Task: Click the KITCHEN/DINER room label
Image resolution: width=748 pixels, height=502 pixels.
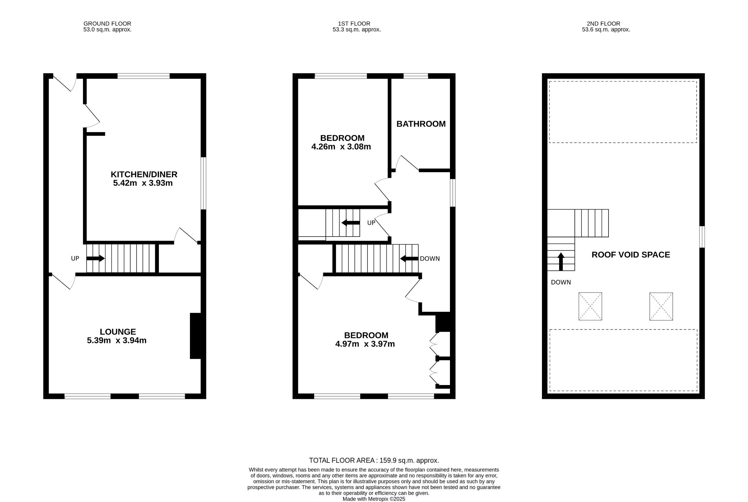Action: [x=144, y=174]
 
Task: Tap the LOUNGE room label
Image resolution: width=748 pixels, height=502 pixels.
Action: [x=118, y=332]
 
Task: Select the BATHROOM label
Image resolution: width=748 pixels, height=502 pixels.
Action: [x=421, y=124]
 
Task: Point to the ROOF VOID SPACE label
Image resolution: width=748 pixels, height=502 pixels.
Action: [x=631, y=255]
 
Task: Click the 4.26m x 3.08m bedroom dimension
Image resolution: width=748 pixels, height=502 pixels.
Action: [x=341, y=147]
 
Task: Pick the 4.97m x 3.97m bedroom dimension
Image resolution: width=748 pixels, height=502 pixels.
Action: [x=365, y=344]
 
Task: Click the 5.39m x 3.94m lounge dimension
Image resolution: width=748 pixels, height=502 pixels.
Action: [x=117, y=341]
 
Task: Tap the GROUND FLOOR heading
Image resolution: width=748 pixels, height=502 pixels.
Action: [x=107, y=24]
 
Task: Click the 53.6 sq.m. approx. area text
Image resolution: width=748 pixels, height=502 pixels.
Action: [x=606, y=30]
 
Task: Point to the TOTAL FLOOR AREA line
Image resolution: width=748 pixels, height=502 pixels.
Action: [x=374, y=461]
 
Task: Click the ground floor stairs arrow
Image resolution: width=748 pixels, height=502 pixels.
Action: [x=96, y=258]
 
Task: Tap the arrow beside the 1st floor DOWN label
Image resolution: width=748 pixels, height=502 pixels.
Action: [x=409, y=258]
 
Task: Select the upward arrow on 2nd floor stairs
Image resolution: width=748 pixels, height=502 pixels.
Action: [x=561, y=261]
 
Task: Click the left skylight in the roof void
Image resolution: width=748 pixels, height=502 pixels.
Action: [x=590, y=306]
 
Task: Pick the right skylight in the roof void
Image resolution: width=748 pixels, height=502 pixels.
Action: [x=661, y=306]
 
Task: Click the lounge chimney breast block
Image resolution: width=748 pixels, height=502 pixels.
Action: [x=195, y=336]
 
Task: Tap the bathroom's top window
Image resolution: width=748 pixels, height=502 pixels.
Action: [x=416, y=76]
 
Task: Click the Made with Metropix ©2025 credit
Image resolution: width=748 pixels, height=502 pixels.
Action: [x=374, y=499]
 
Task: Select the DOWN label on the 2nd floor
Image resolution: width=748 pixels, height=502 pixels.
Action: [x=561, y=282]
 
